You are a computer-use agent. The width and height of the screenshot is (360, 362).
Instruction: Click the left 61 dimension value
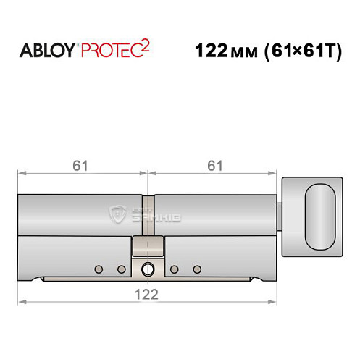point(81,166)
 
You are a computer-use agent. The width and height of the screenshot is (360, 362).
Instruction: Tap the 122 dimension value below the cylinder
point(148,293)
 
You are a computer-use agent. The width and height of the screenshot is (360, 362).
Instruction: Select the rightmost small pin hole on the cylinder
point(197,270)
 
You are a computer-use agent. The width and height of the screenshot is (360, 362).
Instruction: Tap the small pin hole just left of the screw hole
point(121,270)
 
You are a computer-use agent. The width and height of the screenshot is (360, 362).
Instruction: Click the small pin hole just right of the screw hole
point(175,270)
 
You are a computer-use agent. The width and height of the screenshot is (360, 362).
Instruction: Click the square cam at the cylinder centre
point(148,246)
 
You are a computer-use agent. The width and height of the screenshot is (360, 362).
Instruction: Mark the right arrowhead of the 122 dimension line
point(275,301)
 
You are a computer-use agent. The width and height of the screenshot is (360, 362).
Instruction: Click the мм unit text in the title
point(243,53)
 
